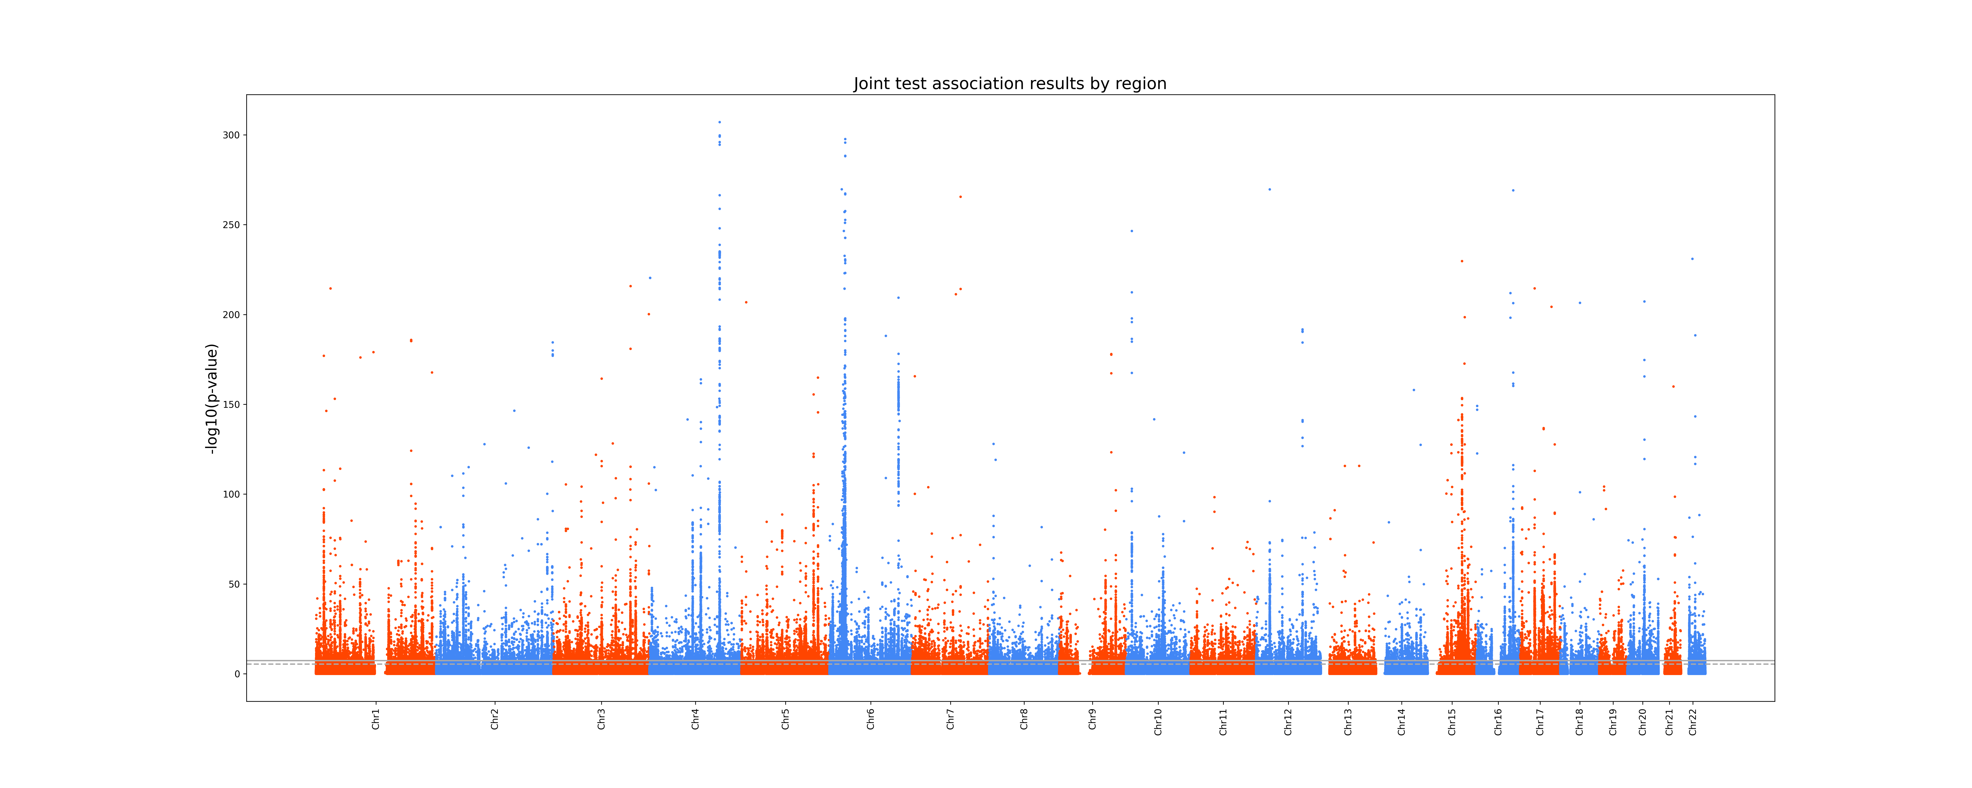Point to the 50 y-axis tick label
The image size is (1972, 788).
point(234,584)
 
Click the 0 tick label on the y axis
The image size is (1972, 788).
point(237,674)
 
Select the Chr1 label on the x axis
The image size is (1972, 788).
point(376,719)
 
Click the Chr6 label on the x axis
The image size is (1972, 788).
point(870,719)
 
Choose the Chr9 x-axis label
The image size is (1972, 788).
point(1092,719)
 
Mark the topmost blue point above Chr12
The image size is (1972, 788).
point(1269,189)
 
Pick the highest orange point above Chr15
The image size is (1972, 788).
point(1461,261)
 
